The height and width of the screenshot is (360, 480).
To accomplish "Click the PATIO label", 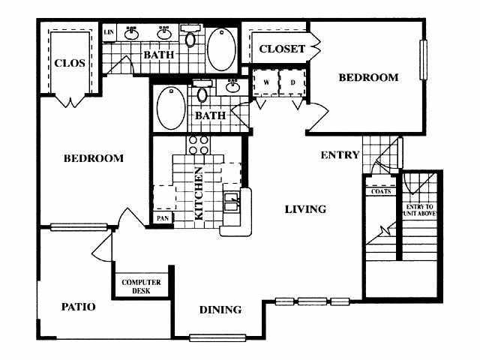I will click(x=78, y=307).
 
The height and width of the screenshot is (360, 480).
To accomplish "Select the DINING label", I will click(x=220, y=309).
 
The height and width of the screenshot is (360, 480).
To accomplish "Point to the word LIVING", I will click(x=305, y=209).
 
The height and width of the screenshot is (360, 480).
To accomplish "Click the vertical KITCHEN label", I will click(x=199, y=193).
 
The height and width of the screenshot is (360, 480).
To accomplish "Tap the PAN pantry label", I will click(x=162, y=217).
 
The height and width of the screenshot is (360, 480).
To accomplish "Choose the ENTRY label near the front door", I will click(x=340, y=155).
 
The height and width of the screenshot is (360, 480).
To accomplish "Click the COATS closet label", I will click(x=380, y=190).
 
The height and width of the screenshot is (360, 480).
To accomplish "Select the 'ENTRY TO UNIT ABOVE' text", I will click(x=421, y=210).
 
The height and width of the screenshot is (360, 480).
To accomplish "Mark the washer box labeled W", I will click(x=265, y=82).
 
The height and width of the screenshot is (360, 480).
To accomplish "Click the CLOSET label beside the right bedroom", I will click(x=281, y=49).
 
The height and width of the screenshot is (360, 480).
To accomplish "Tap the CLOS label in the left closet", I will click(x=70, y=63).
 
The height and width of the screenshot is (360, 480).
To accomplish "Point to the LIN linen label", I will click(x=109, y=31).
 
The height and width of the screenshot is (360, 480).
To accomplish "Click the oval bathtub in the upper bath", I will click(x=221, y=49).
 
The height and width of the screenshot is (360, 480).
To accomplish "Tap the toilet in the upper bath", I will click(x=190, y=37).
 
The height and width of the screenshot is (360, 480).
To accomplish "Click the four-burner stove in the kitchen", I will click(x=198, y=145).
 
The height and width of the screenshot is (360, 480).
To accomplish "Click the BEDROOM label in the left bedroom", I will click(x=93, y=158).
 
